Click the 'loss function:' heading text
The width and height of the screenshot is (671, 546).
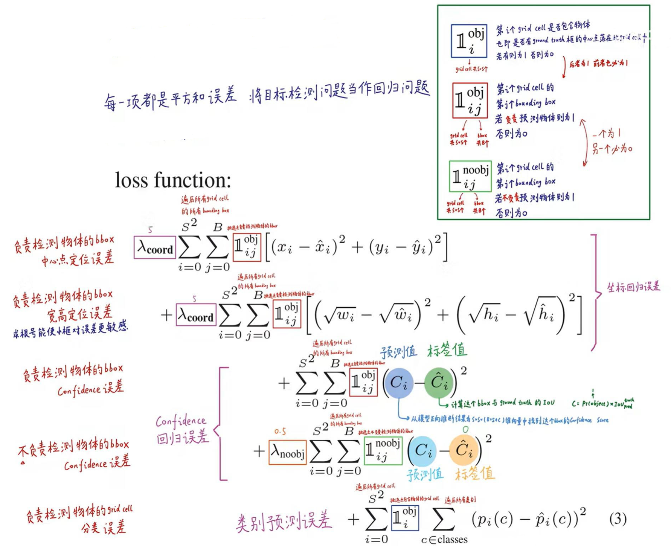tap(173, 180)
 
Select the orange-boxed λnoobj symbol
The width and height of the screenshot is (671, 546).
tap(288, 452)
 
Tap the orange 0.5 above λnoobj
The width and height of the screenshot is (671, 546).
tap(280, 432)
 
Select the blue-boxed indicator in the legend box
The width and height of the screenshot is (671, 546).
tap(469, 41)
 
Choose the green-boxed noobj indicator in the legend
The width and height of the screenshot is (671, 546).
tap(470, 176)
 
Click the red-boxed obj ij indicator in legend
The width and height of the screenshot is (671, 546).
tap(470, 101)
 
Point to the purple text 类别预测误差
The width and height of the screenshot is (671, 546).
tap(284, 521)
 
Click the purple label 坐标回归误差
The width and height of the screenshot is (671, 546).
tap(633, 287)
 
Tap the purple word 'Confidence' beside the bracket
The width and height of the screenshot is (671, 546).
tap(181, 421)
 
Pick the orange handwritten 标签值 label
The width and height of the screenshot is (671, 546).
tap(474, 474)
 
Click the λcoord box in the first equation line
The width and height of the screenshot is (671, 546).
tap(155, 247)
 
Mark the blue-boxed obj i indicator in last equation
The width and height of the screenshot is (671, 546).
tap(405, 518)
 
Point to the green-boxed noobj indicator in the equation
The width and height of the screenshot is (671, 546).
tap(383, 450)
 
